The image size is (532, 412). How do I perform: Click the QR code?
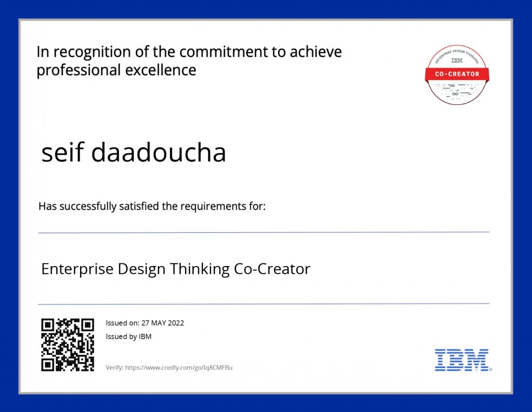pos(68,344)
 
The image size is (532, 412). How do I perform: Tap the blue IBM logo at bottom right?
pos(462,360)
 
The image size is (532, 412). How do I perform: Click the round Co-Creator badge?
pos(457,74)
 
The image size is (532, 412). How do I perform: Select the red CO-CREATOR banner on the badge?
pos(457,74)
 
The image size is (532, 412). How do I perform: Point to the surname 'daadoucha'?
pos(158,152)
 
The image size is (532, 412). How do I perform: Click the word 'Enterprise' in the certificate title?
pos(77,269)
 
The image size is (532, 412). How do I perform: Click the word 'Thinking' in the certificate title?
pos(200,269)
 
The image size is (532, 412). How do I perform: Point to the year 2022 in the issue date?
pos(175,323)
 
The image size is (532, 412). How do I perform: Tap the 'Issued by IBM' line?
pos(128,337)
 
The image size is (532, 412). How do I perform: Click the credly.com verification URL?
pos(179,368)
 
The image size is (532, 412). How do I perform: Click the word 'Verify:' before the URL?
pos(114,368)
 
